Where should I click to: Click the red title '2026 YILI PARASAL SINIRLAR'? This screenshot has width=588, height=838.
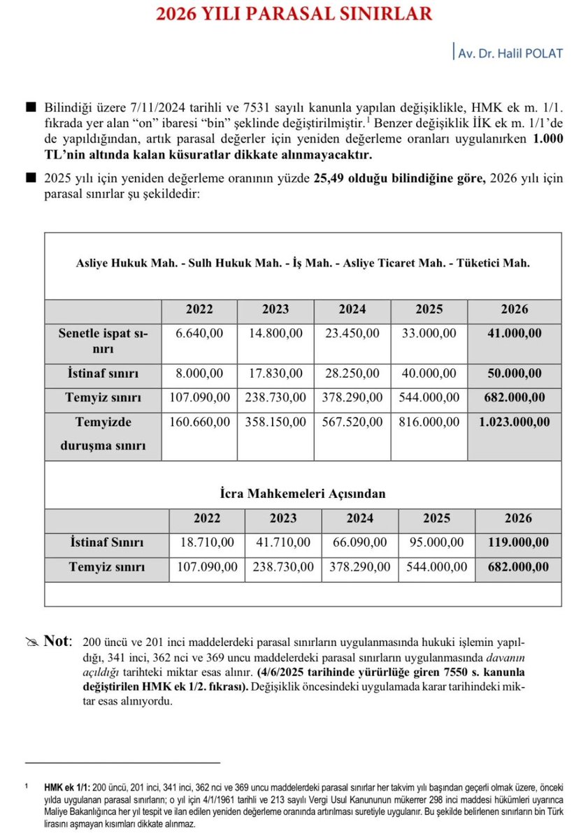[294, 14]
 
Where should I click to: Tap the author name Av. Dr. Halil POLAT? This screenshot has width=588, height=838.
[510, 53]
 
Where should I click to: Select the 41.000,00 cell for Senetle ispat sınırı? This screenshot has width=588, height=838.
[515, 334]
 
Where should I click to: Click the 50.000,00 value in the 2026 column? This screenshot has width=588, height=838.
[515, 374]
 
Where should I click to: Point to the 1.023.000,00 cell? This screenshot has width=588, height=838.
[515, 422]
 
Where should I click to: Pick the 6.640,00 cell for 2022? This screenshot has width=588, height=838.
[199, 334]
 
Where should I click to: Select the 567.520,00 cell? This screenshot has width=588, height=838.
[352, 422]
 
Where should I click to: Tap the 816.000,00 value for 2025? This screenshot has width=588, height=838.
[429, 422]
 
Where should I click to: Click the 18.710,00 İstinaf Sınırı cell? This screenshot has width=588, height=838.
[207, 543]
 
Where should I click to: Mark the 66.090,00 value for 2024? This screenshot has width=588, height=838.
[360, 543]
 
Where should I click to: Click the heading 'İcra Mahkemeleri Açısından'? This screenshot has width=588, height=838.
[302, 494]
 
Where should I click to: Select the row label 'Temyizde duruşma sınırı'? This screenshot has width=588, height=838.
[104, 433]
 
